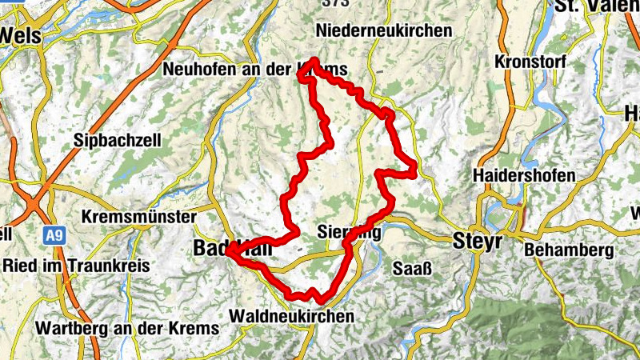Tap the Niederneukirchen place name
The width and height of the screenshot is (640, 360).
point(384,30)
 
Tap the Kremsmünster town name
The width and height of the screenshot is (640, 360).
point(139,218)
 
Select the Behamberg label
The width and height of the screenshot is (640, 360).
point(569,250)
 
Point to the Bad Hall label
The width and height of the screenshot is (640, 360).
point(232,250)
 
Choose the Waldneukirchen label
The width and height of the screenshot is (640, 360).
point(291,317)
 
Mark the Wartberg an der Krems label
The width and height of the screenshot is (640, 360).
point(127,329)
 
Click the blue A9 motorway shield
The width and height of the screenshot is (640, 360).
point(54,235)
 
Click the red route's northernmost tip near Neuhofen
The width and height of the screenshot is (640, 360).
point(314,62)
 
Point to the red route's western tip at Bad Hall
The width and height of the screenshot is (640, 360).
point(229,251)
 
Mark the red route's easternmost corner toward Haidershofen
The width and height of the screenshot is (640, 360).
point(414,169)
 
